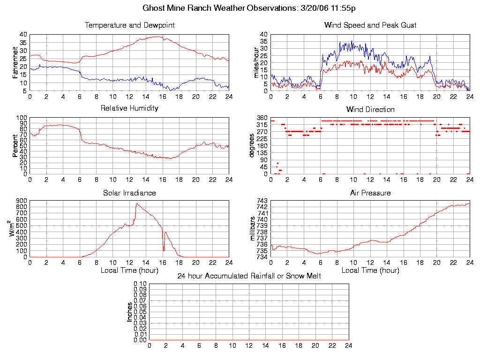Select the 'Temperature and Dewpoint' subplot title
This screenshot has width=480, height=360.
coord(129,25)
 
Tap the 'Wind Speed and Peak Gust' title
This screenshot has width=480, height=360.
coord(370,25)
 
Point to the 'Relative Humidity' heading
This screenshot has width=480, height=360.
coord(129,108)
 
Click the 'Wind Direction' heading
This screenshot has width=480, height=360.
coord(370,109)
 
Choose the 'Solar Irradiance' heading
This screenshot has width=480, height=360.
coord(129,193)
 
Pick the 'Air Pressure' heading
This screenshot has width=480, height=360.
coord(370,193)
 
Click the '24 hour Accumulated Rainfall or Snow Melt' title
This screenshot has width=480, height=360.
coord(249,276)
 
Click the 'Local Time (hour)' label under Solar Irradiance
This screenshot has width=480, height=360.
coord(129,270)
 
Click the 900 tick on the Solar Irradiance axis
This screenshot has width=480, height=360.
coord(22,201)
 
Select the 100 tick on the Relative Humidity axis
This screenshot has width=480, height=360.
coord(22,118)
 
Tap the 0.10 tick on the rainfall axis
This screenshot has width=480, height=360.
coord(140,284)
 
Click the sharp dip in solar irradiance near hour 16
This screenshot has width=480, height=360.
coord(163,250)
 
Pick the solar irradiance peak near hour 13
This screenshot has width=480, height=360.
coord(136,203)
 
